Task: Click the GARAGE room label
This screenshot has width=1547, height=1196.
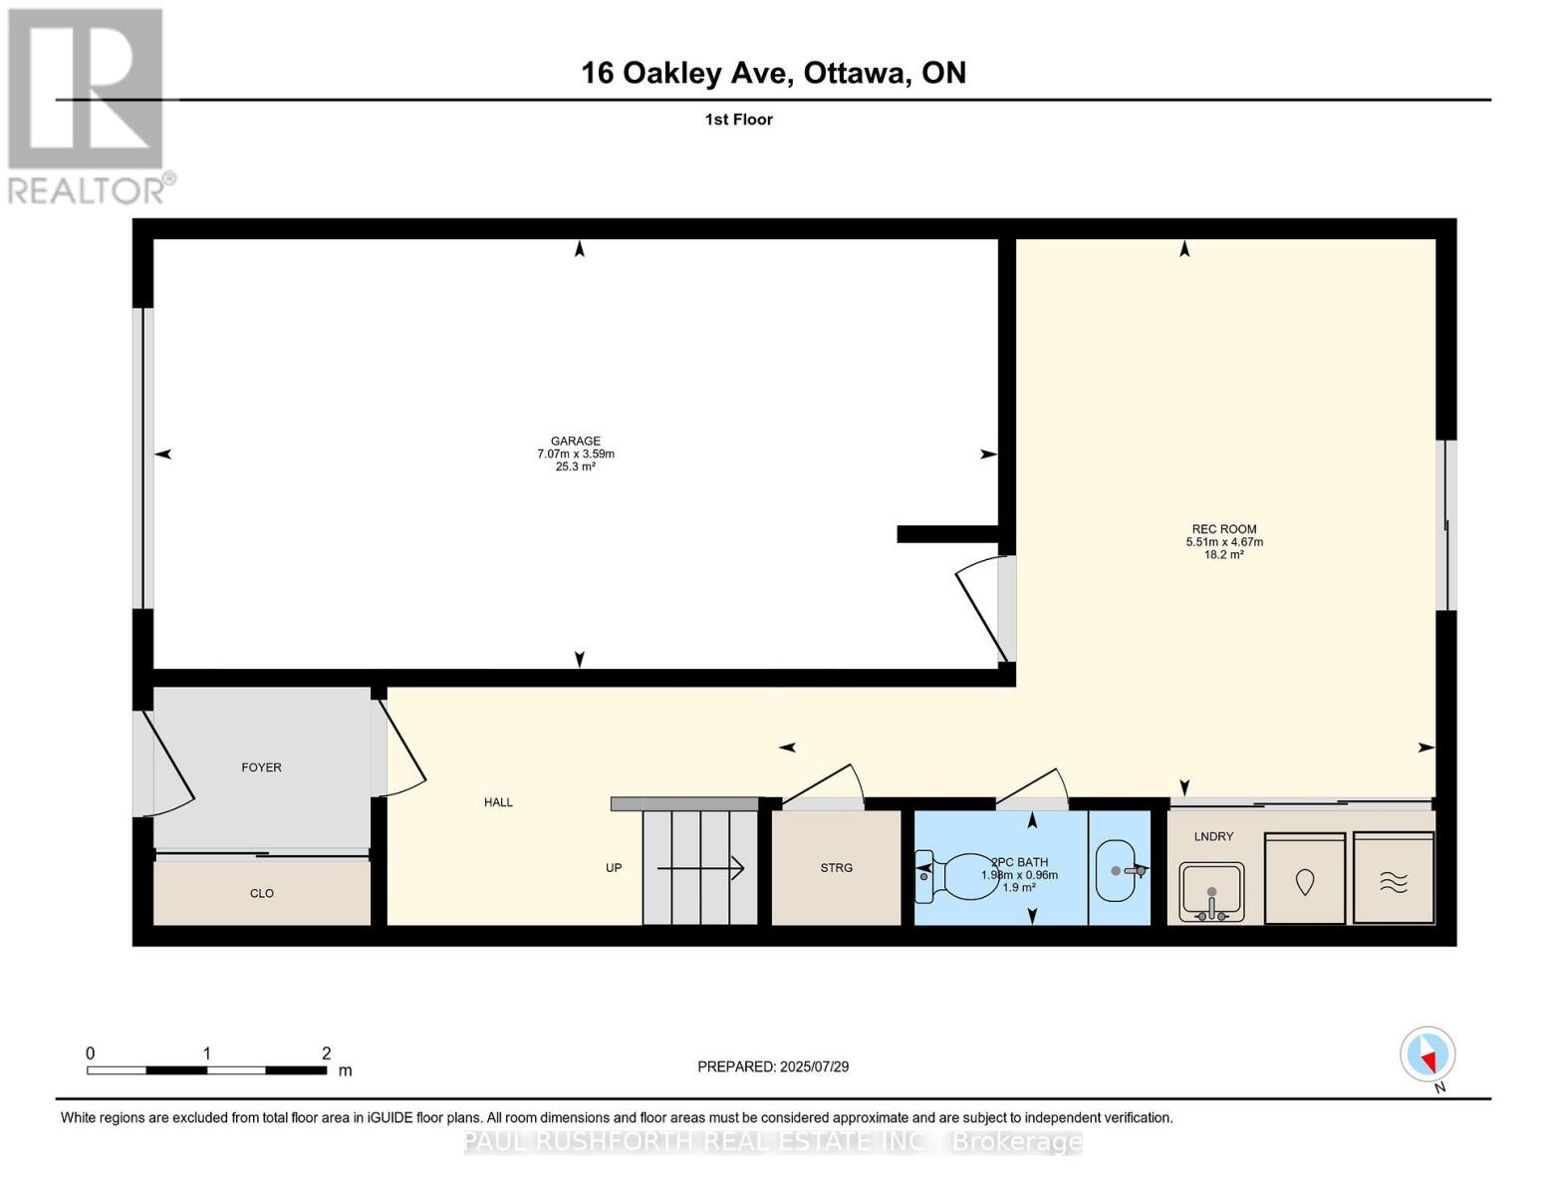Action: point(576,441)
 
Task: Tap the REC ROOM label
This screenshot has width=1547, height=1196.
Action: point(1223,529)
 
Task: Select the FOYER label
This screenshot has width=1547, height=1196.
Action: point(261,767)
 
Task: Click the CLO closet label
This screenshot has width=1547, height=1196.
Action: point(261,893)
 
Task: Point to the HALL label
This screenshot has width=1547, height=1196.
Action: point(498,802)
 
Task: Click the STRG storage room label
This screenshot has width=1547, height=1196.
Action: point(836,868)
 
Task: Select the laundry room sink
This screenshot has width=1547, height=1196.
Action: point(1211,891)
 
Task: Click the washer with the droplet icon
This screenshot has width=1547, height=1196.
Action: point(1304,880)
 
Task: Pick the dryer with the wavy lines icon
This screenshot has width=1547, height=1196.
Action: point(1393,880)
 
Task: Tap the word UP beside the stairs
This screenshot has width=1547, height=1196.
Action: point(614,868)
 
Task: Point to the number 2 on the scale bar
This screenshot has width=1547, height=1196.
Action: point(326,1053)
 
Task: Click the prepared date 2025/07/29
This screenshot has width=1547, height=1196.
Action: point(814,1066)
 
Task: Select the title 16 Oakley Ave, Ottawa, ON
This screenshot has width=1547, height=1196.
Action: point(773,73)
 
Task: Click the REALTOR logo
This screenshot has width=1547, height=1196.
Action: point(88,106)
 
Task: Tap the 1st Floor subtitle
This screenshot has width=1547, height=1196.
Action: point(738,120)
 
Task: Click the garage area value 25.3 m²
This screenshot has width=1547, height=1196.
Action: point(576,466)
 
